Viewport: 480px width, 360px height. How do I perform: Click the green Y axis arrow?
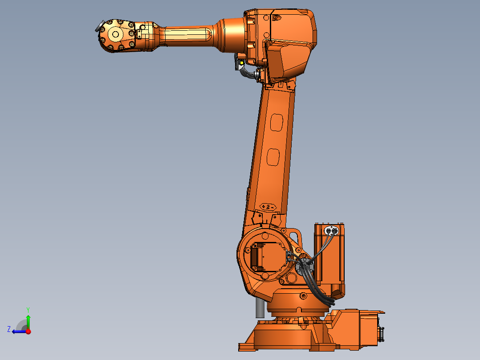(x=28, y=320)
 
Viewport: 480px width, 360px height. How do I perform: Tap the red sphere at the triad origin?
(x=28, y=331)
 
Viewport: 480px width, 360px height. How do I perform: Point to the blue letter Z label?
(x=9, y=329)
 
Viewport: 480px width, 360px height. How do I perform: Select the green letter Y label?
(x=28, y=309)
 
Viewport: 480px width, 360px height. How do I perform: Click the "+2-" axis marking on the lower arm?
(x=268, y=207)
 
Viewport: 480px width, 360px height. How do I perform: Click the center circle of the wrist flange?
(x=115, y=34)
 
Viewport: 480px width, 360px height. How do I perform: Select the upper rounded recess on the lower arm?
(x=276, y=123)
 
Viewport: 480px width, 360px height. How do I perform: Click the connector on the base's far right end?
(x=381, y=334)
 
